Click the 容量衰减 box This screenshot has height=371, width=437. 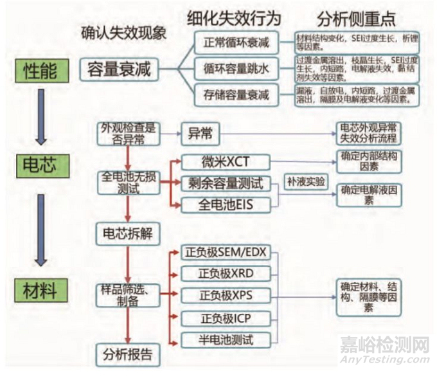pyautogui.click(x=120, y=69)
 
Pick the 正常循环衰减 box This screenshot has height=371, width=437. pyautogui.click(x=236, y=42)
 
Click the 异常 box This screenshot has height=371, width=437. pyautogui.click(x=200, y=134)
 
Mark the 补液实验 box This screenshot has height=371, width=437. pyautogui.click(x=306, y=181)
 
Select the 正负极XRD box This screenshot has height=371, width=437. pyautogui.click(x=223, y=273)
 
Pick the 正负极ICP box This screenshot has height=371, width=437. pyautogui.click(x=223, y=318)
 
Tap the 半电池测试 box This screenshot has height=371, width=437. pyautogui.click(x=223, y=339)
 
